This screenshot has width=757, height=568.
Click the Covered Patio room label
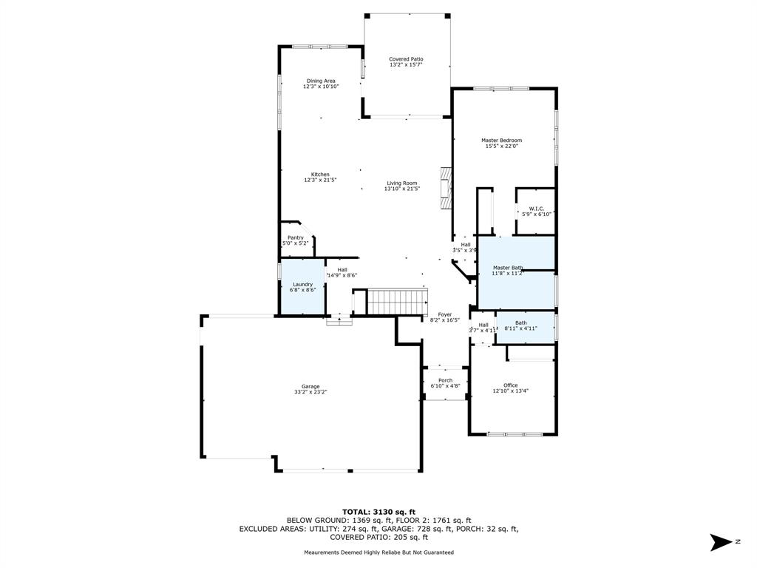point(406,59)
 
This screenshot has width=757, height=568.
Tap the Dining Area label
point(321,81)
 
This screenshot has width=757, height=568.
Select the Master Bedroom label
point(502,141)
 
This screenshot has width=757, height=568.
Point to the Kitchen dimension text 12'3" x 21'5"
point(320,180)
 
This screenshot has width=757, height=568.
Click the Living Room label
point(402,183)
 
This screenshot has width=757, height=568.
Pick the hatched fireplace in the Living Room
point(446,189)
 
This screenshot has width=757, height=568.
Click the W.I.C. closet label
point(537,209)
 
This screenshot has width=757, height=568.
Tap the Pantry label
point(296,237)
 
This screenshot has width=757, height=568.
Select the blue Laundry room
point(302,287)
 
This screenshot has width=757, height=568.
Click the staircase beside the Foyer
point(398,302)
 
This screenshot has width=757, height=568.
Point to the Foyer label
point(445,314)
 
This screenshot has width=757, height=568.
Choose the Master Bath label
point(508,268)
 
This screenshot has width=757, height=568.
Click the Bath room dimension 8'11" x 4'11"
point(521,328)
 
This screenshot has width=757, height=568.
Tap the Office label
point(510,385)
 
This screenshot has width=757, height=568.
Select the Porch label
point(445,381)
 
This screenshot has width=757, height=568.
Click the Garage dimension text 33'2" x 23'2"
point(311,392)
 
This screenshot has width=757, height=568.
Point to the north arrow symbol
point(722,542)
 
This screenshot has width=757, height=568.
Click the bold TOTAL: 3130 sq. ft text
point(379,512)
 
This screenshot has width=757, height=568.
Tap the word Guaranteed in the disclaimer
point(438,552)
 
